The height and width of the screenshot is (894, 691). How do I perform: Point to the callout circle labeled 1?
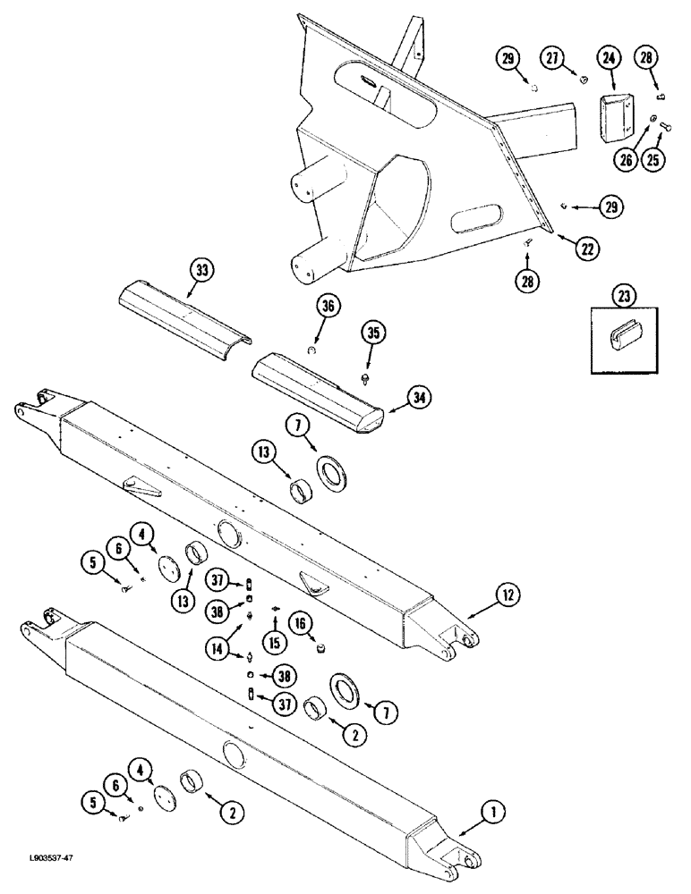pos(491,813)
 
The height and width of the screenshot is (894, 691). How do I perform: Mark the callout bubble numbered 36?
pos(326,307)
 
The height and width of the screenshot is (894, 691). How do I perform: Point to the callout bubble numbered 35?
pos(371,335)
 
